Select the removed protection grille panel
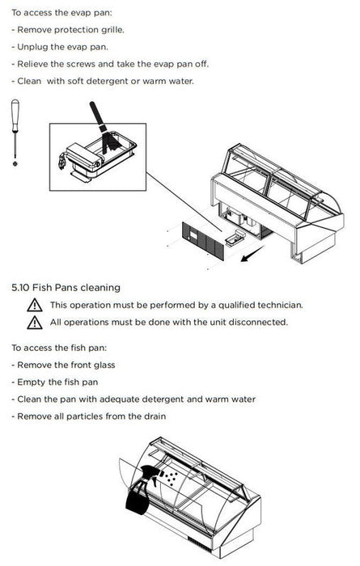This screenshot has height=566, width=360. coord(203,241)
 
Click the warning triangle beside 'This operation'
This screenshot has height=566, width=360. coord(35,305)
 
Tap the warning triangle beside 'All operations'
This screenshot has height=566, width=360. coord(35,323)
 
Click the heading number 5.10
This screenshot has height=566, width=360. coord(20,288)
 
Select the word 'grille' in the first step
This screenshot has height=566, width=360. coord(112,30)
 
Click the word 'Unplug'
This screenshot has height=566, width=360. coord(32,47)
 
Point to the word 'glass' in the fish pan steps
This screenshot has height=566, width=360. coord(104,365)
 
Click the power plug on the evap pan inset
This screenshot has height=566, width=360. coord(61,160)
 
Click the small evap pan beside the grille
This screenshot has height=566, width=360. coord(235,237)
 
